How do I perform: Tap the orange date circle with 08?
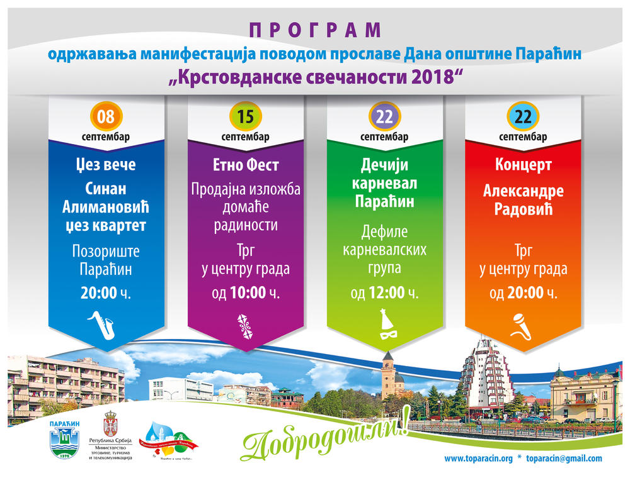coord(106,117)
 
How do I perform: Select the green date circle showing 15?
coord(246,117)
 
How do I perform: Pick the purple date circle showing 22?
coord(384,117)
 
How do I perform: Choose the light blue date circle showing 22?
coord(523,117)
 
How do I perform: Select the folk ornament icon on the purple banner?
coord(245,324)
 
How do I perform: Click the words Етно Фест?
coord(246,166)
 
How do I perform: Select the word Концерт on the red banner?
coord(523,165)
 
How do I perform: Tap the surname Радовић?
coord(523,209)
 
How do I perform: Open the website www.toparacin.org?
coord(478,459)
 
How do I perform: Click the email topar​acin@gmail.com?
coord(564,459)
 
